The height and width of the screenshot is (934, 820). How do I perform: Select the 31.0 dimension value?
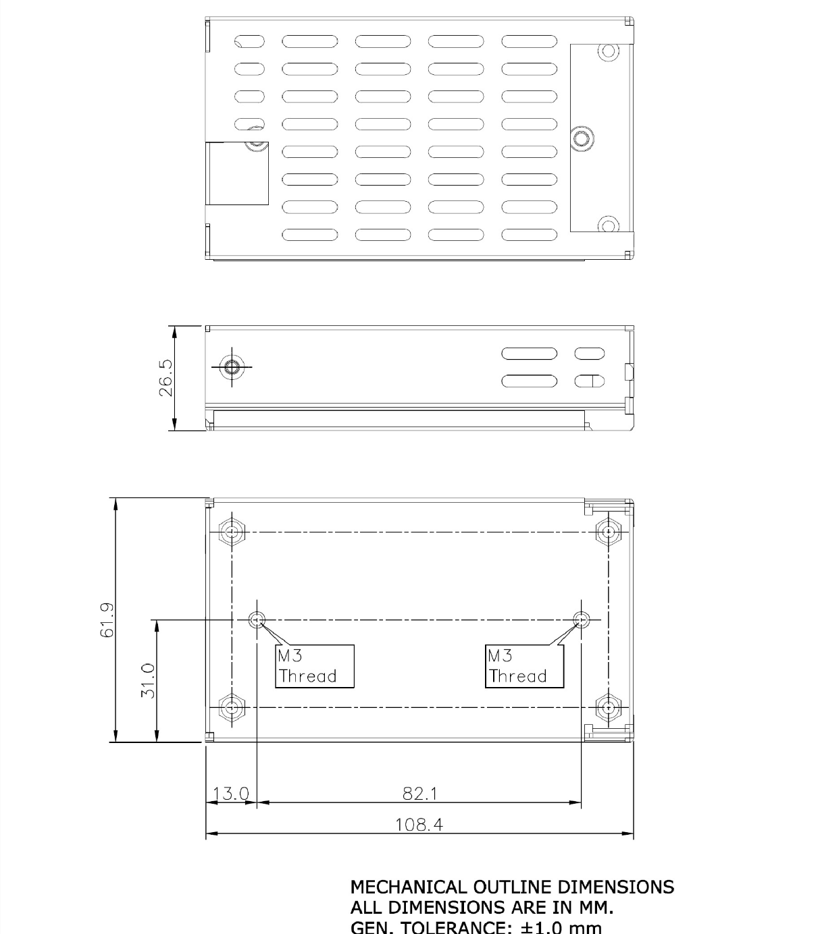click(x=148, y=680)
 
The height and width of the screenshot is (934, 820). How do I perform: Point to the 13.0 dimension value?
click(x=231, y=794)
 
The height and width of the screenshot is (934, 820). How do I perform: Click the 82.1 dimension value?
click(x=419, y=794)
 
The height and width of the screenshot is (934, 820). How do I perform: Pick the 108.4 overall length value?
click(x=419, y=825)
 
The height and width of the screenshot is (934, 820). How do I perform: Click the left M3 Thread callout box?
click(x=315, y=666)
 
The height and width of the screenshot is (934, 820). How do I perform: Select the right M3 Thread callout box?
click(x=525, y=666)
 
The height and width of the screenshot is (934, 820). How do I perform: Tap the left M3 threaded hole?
click(x=257, y=620)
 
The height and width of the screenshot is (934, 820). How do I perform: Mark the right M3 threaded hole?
click(x=581, y=620)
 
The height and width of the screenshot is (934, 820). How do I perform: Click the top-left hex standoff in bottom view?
click(x=232, y=532)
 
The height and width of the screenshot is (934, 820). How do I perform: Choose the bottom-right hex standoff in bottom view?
click(x=609, y=708)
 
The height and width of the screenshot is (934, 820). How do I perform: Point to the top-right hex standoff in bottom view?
click(x=609, y=532)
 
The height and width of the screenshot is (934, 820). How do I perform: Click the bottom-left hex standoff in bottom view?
click(x=232, y=708)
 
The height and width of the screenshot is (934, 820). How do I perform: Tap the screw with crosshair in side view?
click(x=232, y=367)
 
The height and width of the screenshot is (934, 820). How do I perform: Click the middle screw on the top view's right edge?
click(x=580, y=139)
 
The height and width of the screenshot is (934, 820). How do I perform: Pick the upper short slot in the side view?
click(x=589, y=354)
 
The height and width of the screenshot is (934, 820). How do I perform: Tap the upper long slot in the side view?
click(x=529, y=354)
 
